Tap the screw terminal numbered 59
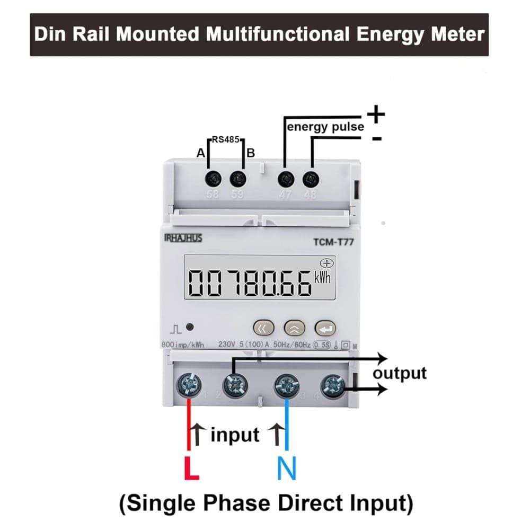click(x=238, y=179)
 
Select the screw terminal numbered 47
click(x=287, y=179)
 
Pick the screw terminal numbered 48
click(x=311, y=179)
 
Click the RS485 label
click(x=226, y=140)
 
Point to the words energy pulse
click(x=325, y=127)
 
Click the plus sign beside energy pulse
click(x=376, y=114)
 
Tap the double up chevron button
click(x=295, y=328)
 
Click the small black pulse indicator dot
click(x=189, y=328)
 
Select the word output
click(x=400, y=373)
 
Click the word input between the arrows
click(x=235, y=435)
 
